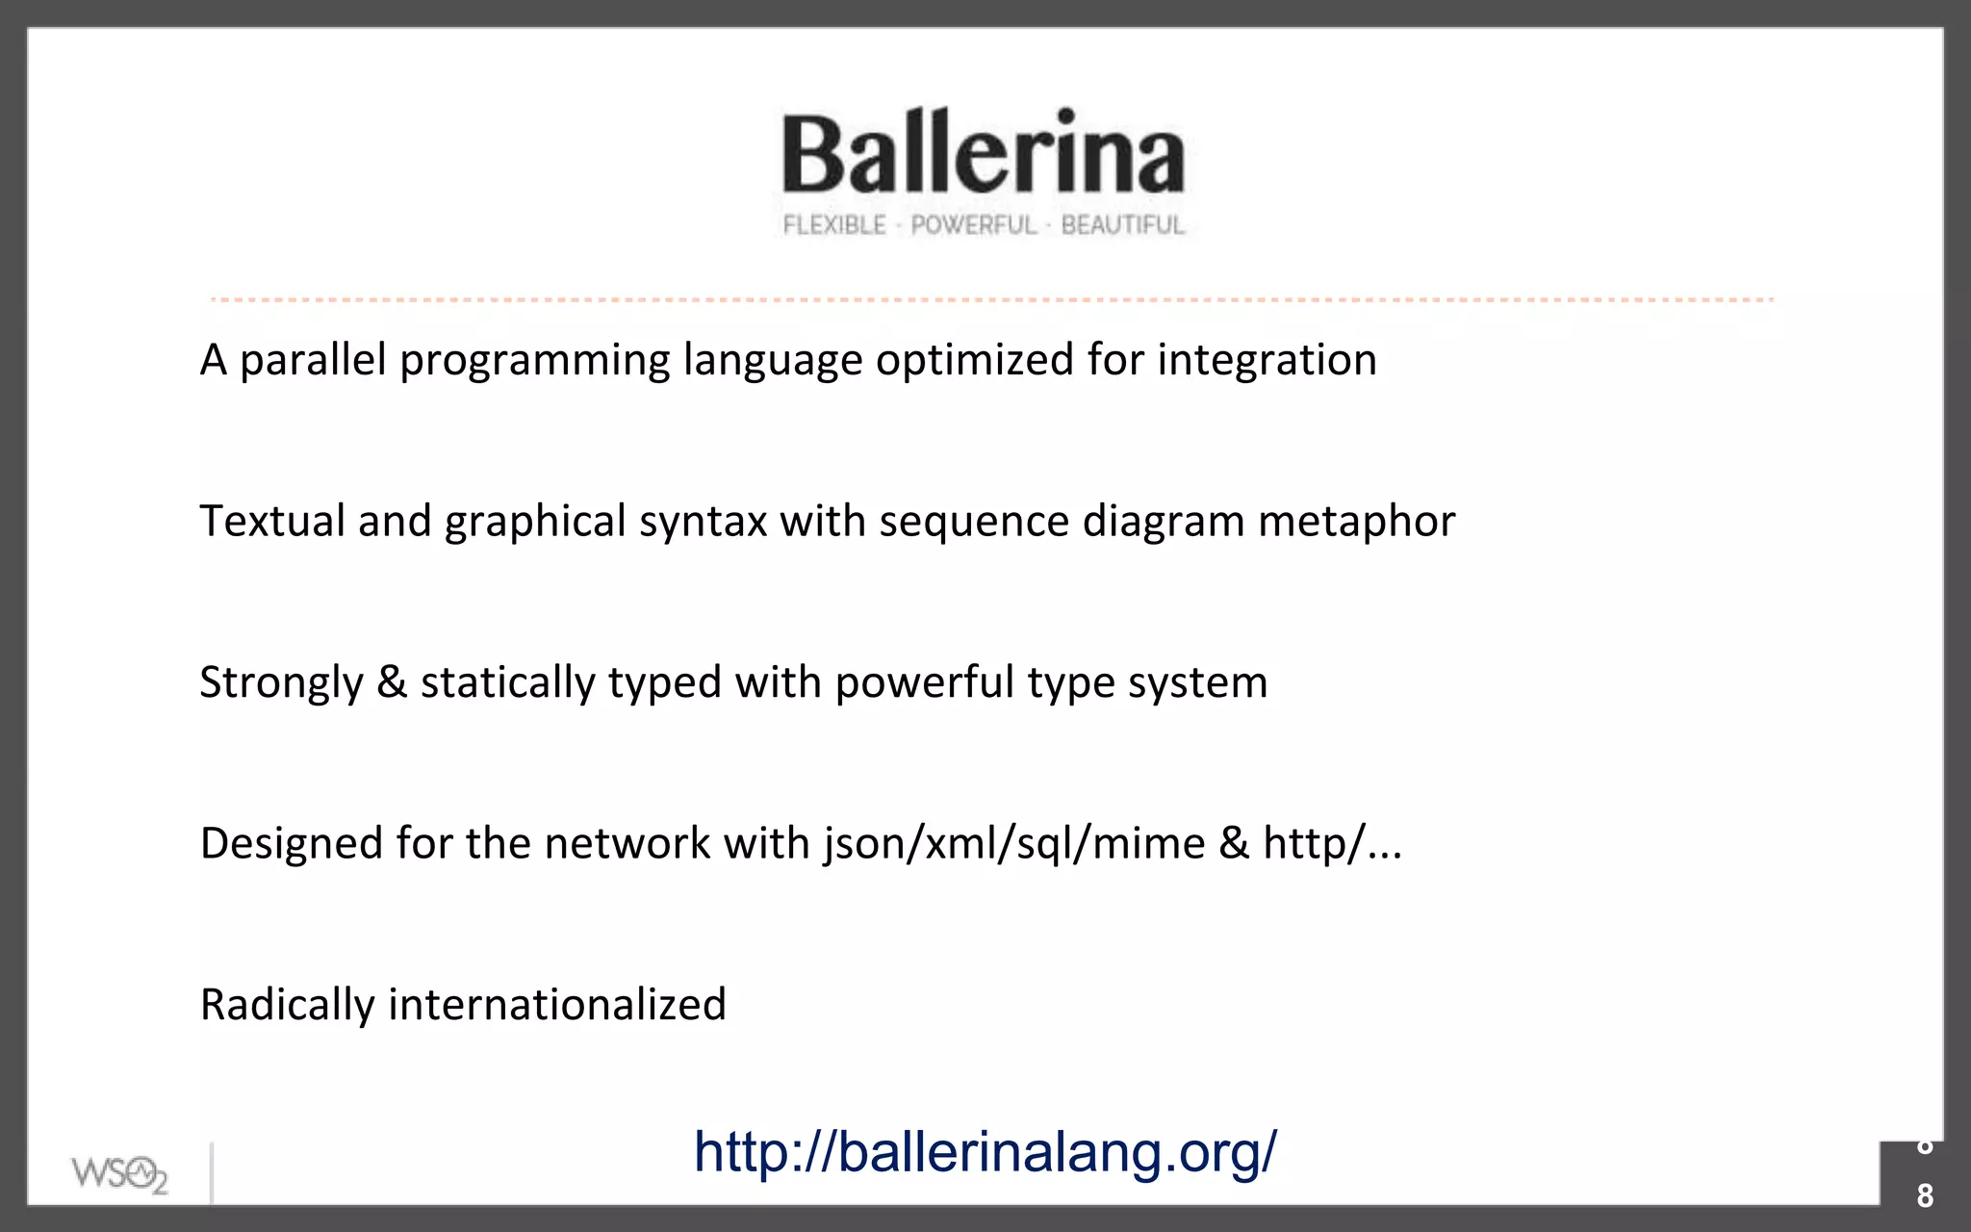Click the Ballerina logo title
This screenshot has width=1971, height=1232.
pyautogui.click(x=983, y=152)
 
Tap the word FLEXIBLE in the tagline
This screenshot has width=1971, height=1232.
pyautogui.click(x=833, y=225)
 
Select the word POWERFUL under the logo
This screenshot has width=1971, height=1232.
pyautogui.click(x=973, y=225)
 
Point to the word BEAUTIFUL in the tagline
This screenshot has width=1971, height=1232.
pyautogui.click(x=1122, y=225)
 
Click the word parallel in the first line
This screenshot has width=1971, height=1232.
pyautogui.click(x=313, y=360)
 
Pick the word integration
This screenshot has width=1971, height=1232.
pyautogui.click(x=1267, y=360)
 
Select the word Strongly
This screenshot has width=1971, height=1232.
pyautogui.click(x=281, y=682)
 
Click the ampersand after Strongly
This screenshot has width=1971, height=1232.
pyautogui.click(x=392, y=682)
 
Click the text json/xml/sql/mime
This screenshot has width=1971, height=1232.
pyautogui.click(x=1013, y=843)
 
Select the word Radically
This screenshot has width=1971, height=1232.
pyautogui.click(x=287, y=1005)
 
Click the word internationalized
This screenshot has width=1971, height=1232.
pyautogui.click(x=556, y=1005)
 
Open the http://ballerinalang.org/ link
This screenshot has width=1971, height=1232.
pyautogui.click(x=985, y=1151)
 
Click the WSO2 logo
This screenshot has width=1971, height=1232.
pyautogui.click(x=119, y=1174)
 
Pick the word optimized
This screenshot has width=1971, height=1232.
pyautogui.click(x=975, y=360)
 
